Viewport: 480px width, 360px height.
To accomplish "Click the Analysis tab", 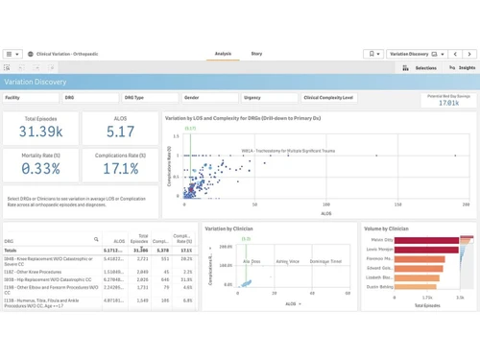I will point(223,54).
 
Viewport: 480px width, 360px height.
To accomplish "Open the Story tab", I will point(256,54).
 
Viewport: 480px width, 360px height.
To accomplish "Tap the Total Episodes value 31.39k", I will point(40,132).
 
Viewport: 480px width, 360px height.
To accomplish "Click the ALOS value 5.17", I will point(121,132).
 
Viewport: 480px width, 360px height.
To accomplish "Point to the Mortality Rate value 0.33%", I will point(40,169).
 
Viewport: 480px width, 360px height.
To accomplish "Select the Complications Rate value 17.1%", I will point(121,169).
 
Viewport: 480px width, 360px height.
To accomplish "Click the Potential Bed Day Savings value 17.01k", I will point(448,103).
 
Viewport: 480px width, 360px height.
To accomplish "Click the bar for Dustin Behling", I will point(414,286).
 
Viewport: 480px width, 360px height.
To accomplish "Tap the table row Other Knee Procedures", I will point(48,272).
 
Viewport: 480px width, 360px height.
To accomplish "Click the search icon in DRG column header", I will point(96,240).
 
